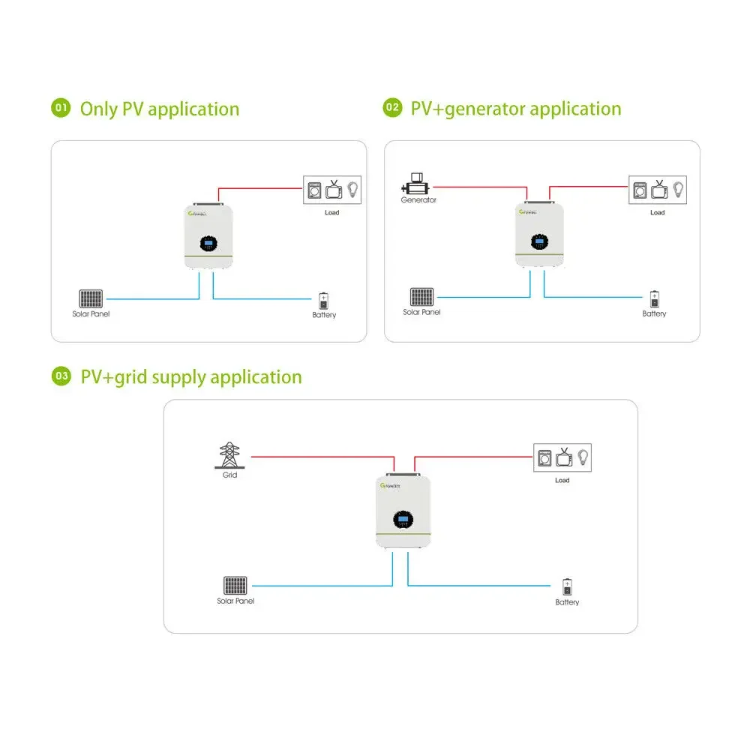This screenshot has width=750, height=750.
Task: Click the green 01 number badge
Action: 61,108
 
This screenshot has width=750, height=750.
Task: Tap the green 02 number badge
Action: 392,108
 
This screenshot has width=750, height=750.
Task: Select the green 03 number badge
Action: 61,376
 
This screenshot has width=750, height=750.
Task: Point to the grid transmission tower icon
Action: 229,455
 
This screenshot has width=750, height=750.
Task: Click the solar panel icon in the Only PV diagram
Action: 91,298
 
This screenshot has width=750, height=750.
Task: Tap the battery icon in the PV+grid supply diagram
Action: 567,586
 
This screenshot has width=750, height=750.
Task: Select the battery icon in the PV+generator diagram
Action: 654,298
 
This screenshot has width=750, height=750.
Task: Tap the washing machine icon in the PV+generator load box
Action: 640,189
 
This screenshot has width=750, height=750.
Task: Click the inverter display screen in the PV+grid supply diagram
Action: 403,517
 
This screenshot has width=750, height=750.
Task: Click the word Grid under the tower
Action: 229,475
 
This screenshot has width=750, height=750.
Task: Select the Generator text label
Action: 418,200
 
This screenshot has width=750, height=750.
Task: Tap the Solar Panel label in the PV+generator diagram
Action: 421,312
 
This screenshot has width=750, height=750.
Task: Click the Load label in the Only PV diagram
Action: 331,212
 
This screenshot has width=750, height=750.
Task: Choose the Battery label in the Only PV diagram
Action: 324,315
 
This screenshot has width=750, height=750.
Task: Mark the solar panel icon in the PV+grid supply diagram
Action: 235,586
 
